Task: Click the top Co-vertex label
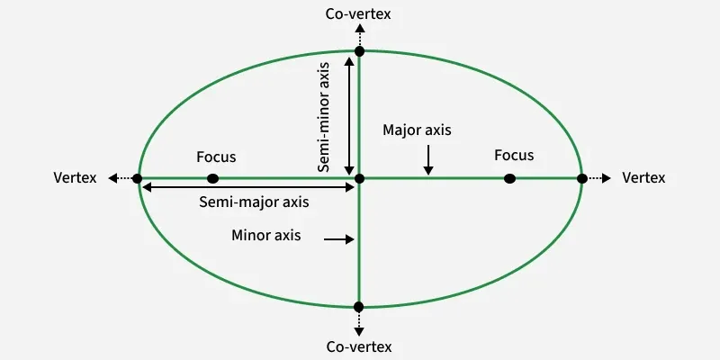click(359, 14)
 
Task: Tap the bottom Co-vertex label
click(359, 346)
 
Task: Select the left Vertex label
click(75, 178)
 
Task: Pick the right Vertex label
click(643, 178)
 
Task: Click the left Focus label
click(216, 157)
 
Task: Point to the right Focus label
click(514, 156)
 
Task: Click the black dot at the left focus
click(212, 178)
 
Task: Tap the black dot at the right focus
click(509, 178)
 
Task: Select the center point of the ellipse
click(359, 178)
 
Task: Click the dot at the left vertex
click(137, 178)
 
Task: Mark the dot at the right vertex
click(581, 178)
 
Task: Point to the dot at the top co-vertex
click(359, 50)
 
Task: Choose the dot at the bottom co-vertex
click(359, 307)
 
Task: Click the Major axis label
click(417, 130)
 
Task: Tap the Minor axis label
click(265, 236)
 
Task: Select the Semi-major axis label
click(254, 202)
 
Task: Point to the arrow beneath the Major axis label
click(429, 159)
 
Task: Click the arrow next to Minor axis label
click(337, 238)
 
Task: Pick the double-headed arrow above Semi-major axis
click(247, 186)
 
